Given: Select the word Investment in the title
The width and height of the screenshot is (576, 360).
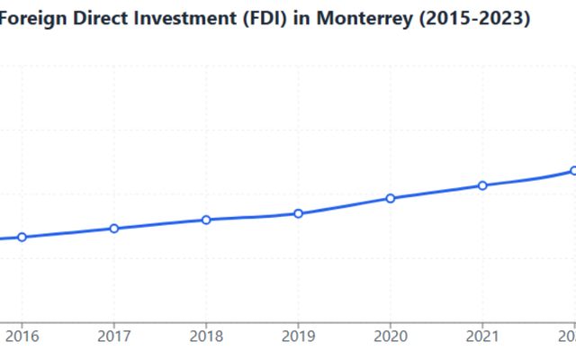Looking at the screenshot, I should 180,18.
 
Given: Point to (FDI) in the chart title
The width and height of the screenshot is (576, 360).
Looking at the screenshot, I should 257,18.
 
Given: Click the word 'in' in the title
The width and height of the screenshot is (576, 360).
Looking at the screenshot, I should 298,18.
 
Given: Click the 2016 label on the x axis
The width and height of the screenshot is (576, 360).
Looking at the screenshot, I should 22,337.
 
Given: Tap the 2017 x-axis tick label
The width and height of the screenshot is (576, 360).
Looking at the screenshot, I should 114,337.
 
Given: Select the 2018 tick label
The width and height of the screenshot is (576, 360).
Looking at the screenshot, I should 206,337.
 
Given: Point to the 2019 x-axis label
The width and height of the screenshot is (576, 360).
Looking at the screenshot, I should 299,337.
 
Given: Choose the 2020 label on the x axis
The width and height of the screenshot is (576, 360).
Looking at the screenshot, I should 391,337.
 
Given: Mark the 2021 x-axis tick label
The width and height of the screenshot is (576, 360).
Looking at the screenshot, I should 482,337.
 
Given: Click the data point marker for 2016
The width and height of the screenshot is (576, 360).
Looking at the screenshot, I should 22,238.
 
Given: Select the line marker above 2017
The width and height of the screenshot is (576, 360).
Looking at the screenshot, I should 114,229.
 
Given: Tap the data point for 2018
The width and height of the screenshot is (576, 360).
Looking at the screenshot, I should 206,220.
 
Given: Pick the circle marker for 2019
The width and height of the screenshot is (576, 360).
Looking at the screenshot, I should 299,213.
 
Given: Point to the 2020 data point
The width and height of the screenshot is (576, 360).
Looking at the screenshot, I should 391,198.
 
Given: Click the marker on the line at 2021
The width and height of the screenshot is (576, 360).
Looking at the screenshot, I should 482,185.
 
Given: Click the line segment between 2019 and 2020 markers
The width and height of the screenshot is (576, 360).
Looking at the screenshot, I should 345,206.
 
